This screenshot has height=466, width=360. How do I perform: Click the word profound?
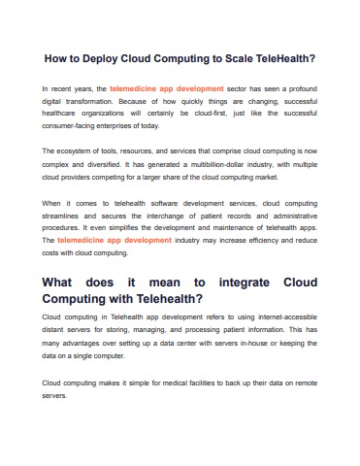pos(298,87)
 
